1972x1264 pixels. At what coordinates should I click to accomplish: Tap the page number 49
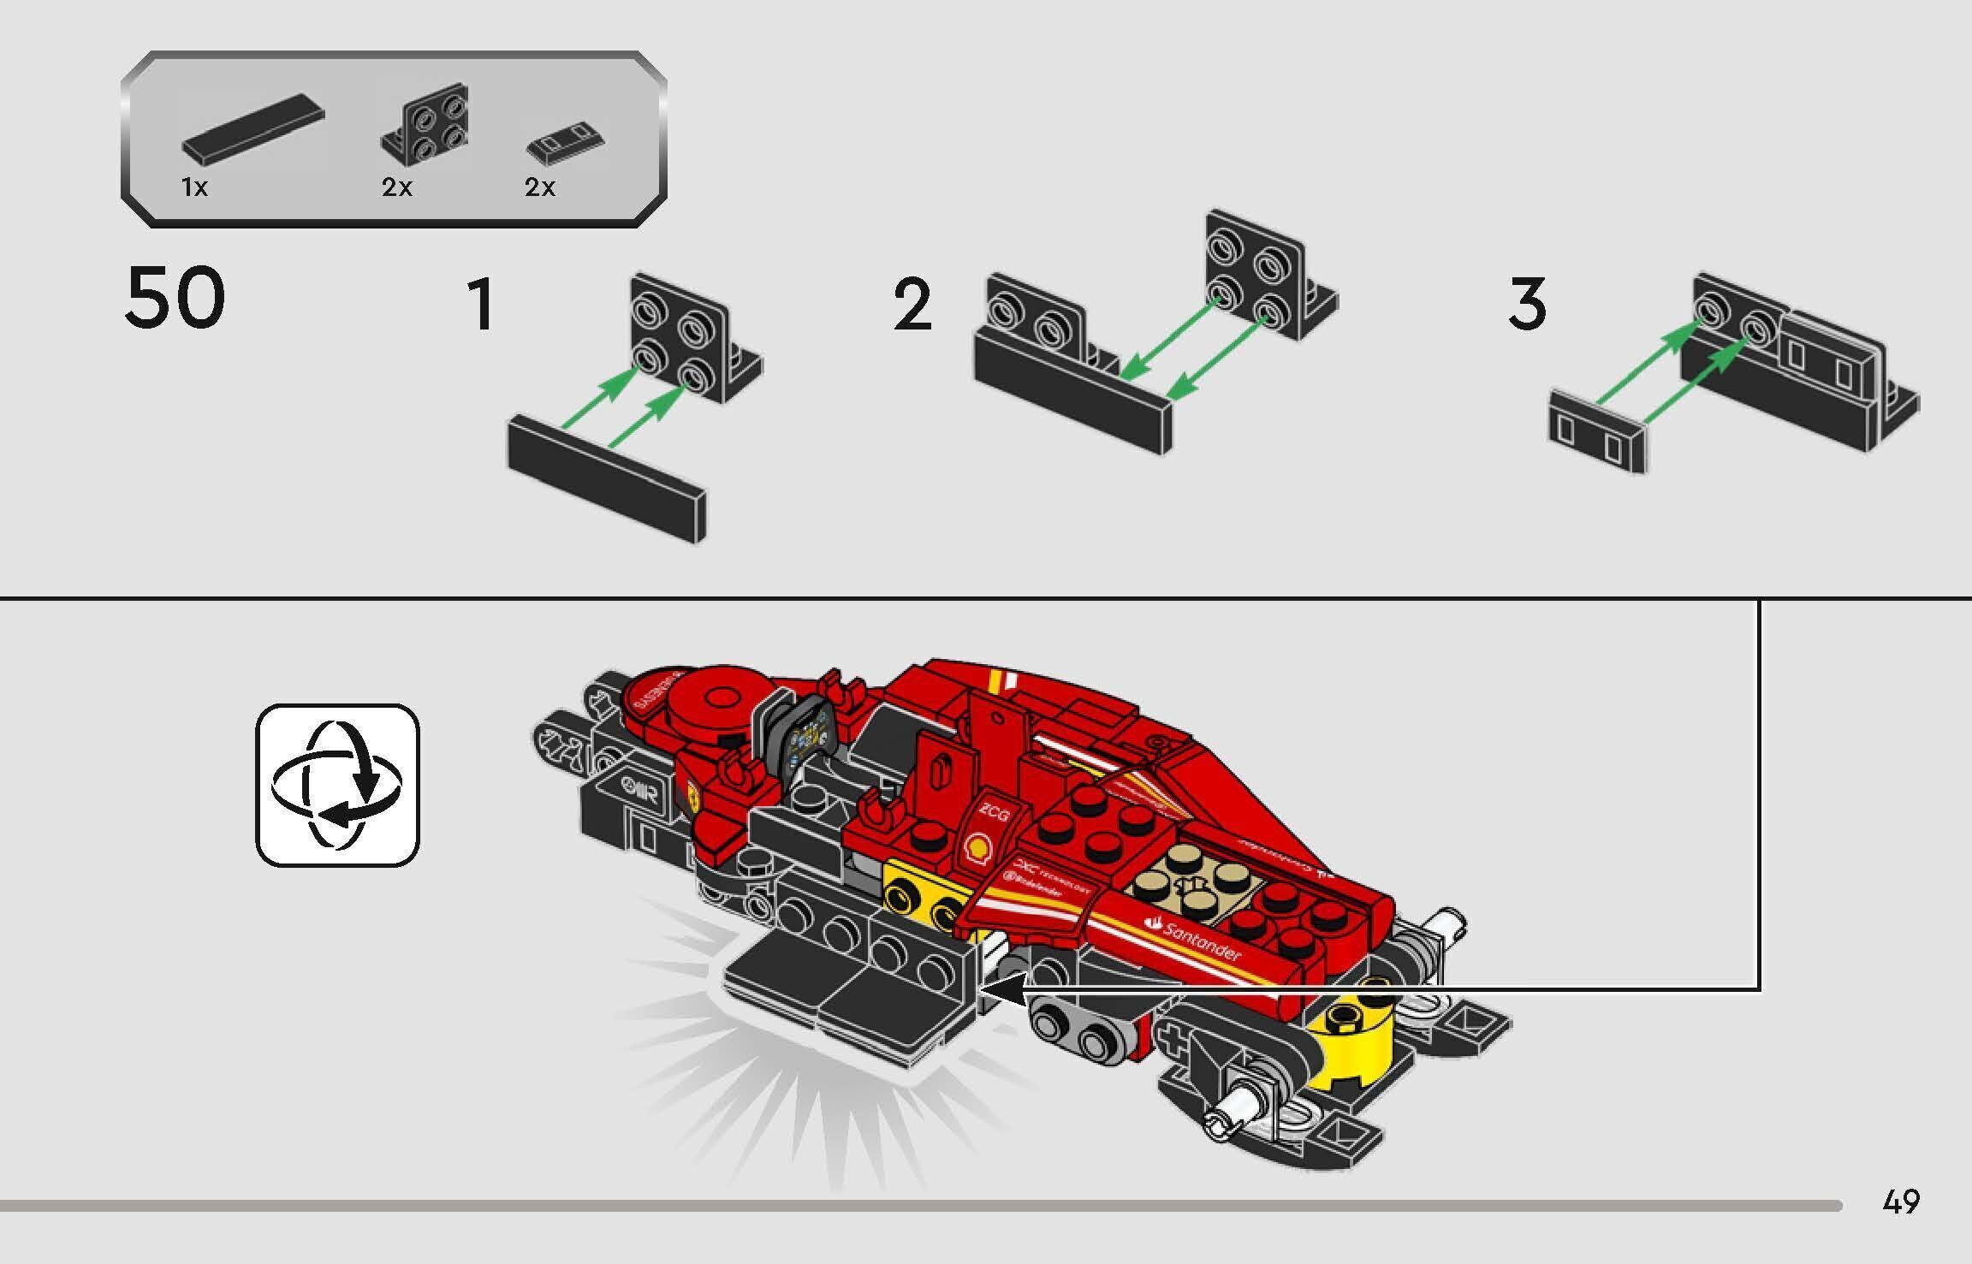click(1901, 1202)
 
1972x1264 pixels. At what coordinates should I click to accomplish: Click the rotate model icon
click(337, 785)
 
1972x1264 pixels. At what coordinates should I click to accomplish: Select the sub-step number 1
click(481, 305)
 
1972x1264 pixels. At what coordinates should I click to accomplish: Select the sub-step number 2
click(912, 305)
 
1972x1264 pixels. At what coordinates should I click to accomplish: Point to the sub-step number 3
click(1527, 305)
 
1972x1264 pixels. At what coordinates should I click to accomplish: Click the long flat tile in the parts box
click(253, 131)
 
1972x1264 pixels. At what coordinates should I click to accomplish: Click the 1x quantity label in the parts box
click(194, 187)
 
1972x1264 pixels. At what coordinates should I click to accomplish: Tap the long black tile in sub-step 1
click(607, 478)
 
